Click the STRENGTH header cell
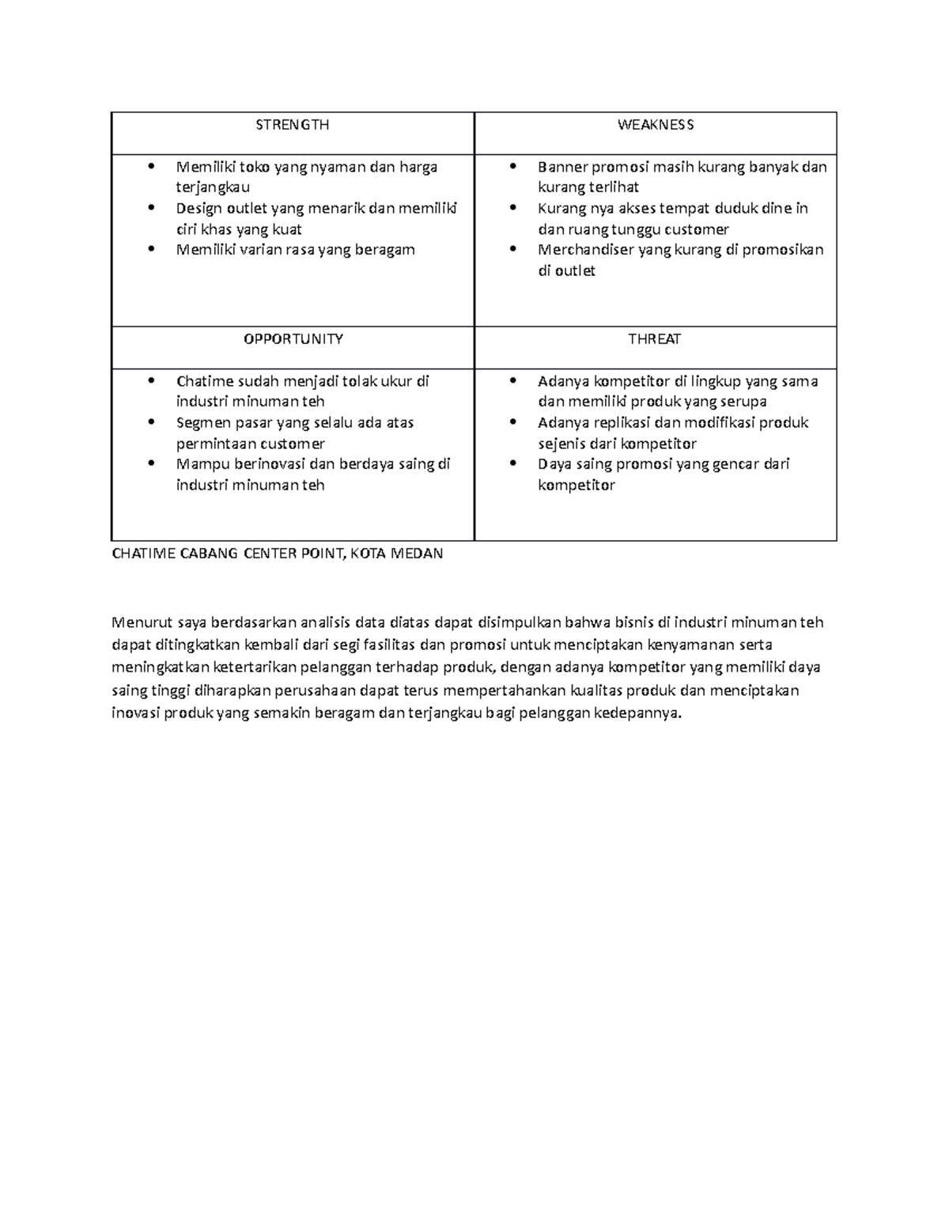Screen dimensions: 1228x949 click(x=292, y=125)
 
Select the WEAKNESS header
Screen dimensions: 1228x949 click(x=656, y=125)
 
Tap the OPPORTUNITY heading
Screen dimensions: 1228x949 click(x=293, y=339)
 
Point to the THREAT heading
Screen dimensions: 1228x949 click(x=655, y=339)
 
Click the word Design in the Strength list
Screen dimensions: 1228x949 click(x=200, y=209)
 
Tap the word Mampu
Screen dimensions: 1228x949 click(x=199, y=464)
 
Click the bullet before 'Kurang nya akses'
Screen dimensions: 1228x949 click(x=514, y=209)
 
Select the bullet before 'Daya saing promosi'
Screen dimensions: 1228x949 click(x=514, y=464)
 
